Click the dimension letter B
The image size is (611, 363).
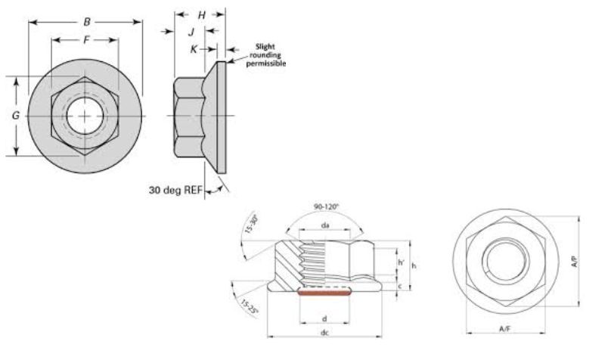87,22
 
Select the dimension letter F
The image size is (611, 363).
86,39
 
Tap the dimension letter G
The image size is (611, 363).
16,116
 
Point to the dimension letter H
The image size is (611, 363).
201,14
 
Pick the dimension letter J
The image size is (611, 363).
191,32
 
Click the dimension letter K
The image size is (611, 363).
194,48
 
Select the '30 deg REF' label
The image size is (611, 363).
175,190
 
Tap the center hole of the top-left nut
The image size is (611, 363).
85,116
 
